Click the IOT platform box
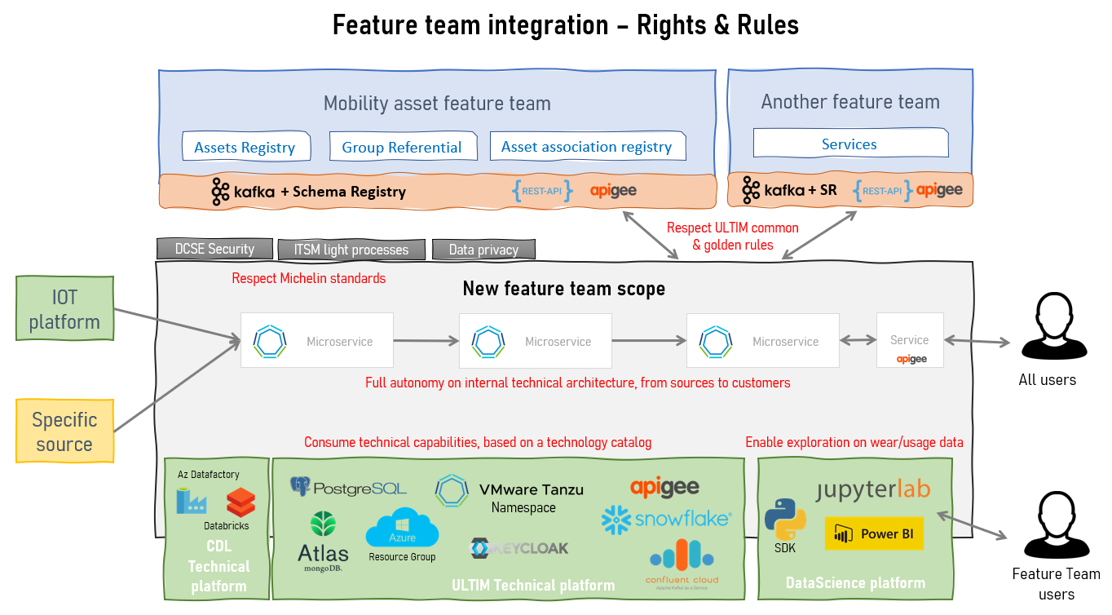coord(64,309)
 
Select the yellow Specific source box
coord(64,432)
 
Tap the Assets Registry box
coord(245,147)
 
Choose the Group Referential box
coord(402,147)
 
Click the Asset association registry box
coord(587,146)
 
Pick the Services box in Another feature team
coord(849,144)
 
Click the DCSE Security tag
coord(214,249)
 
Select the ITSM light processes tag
coord(351,250)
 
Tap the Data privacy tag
coord(483,250)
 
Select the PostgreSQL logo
coord(349,488)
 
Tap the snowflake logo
coord(666,520)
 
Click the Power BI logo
coord(874,533)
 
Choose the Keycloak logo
coord(520,548)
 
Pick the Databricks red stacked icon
coord(240,502)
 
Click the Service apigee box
coord(910,340)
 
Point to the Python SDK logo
coord(785,519)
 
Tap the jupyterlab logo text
coord(873,489)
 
